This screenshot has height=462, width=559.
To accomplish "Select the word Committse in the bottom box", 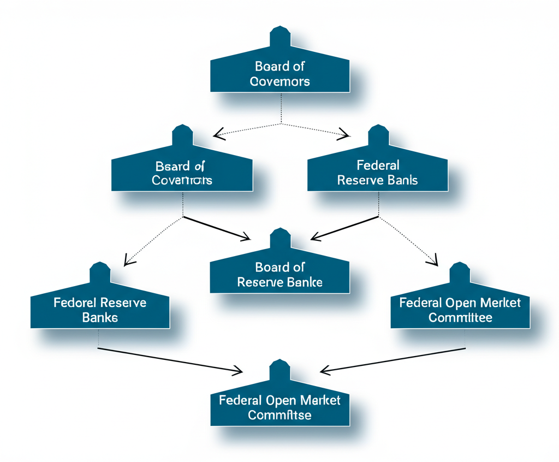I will pos(279,415).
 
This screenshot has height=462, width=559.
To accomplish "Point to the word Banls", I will pos(402,180).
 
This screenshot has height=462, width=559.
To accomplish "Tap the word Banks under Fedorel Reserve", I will pos(99,317).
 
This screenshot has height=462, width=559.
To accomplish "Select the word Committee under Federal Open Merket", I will pos(460,317).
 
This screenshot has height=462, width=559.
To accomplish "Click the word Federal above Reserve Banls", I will pos(378,165).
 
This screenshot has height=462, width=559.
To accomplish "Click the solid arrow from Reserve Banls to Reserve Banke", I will pos(344,228).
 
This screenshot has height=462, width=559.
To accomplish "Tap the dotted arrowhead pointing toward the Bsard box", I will pos(218,133).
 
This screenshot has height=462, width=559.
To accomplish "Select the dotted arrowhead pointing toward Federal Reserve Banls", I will pos(344,133).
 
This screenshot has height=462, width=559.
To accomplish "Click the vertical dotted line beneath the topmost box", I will pos(281,108).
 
